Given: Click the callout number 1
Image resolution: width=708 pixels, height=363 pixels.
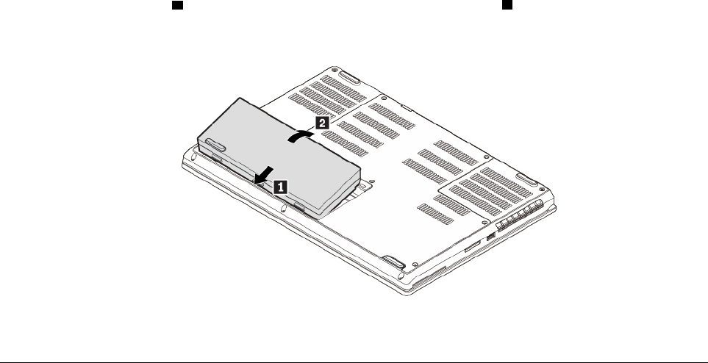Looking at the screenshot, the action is click(280, 187).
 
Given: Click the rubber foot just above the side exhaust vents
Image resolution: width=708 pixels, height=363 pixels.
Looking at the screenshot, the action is click(525, 179).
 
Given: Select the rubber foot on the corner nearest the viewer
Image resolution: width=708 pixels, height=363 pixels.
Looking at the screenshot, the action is click(393, 262).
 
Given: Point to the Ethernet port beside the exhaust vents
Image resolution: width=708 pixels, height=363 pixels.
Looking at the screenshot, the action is click(490, 237).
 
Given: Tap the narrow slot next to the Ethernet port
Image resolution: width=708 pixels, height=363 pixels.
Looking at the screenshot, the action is click(468, 251).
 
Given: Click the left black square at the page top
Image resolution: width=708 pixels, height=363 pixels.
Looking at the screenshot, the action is click(176, 5).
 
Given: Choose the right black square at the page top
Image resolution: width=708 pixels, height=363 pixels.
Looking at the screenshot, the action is click(507, 5).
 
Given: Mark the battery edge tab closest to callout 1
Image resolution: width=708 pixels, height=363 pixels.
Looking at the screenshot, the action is click(298, 208).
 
